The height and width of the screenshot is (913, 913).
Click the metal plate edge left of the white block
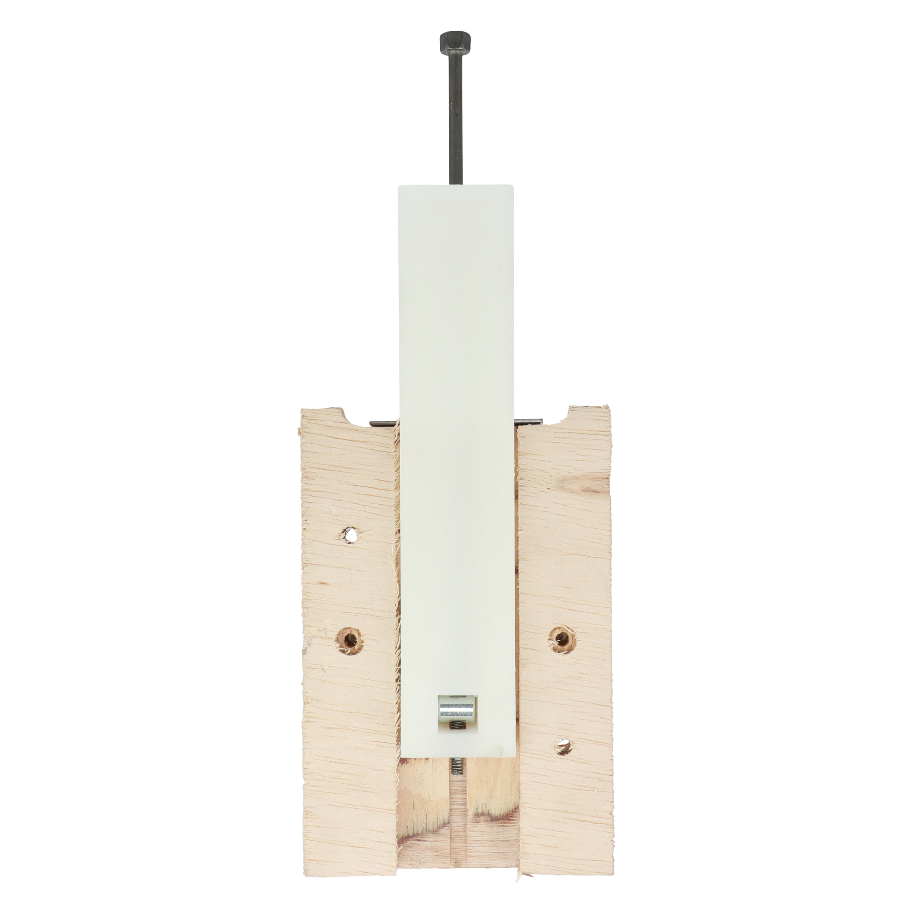383,423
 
